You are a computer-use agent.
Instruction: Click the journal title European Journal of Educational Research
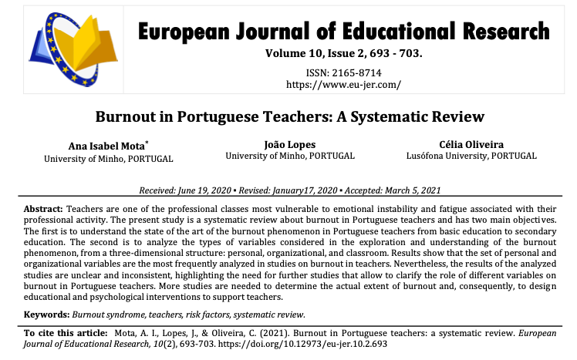pyautogui.click(x=343, y=32)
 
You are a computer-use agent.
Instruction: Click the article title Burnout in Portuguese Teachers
pyautogui.click(x=289, y=117)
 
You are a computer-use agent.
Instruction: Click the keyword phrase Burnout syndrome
pyautogui.click(x=109, y=314)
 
